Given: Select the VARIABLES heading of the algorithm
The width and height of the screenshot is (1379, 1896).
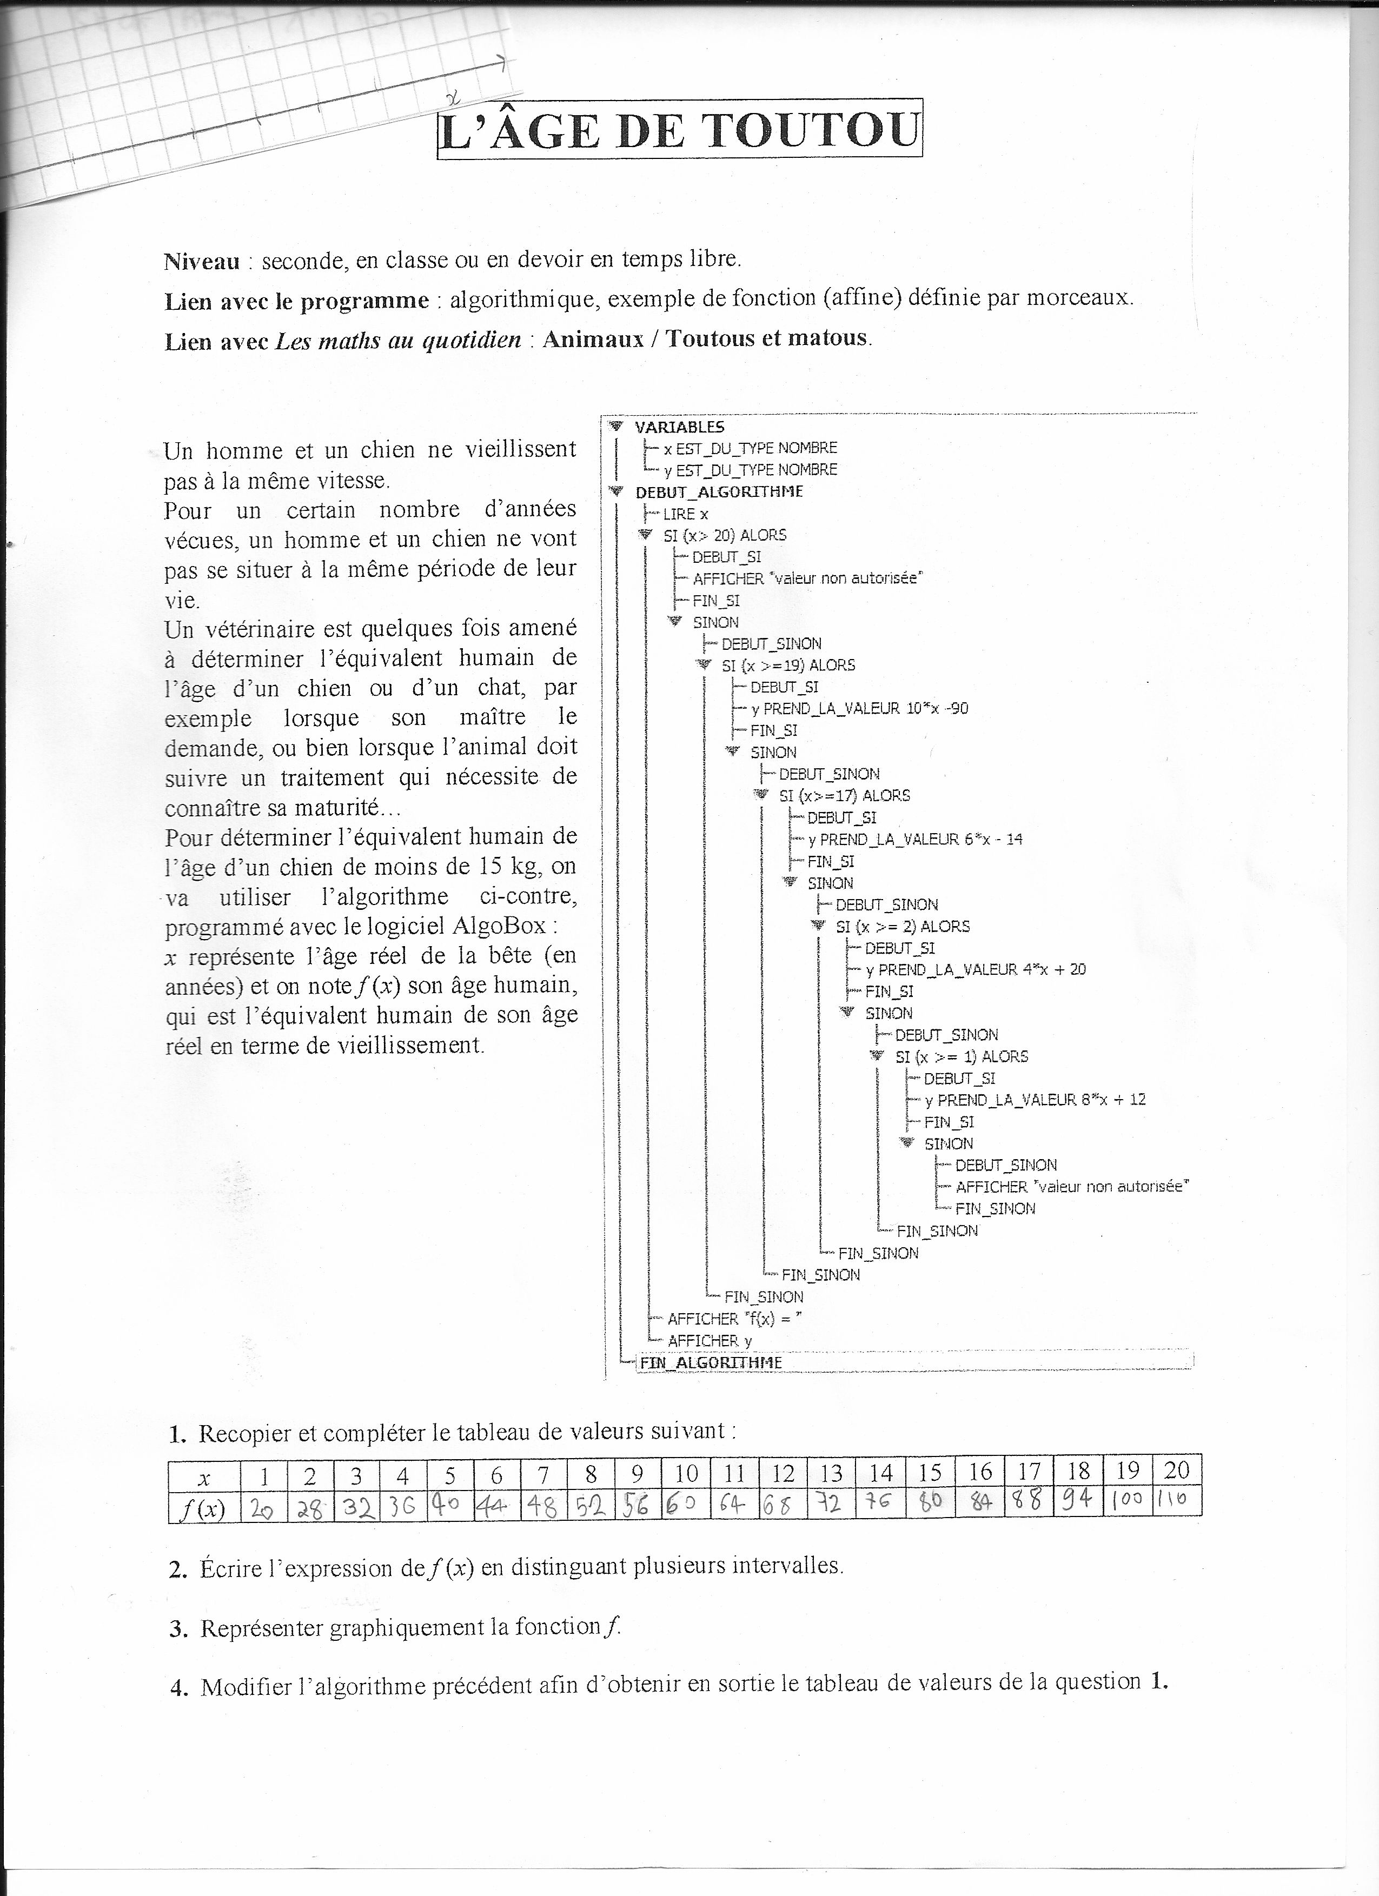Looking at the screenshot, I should click(679, 427).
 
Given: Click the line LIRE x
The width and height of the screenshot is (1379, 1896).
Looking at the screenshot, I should click(685, 514).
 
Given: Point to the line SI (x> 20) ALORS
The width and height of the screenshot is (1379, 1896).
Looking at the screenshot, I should click(724, 535).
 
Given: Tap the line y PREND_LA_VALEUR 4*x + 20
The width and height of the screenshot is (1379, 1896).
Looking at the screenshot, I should click(975, 970).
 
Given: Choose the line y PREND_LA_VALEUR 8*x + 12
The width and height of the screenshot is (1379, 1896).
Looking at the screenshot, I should click(1035, 1100).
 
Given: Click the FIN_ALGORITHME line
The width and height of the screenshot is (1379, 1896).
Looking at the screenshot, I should click(710, 1362).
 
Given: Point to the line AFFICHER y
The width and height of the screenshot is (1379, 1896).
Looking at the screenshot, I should click(709, 1341).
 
